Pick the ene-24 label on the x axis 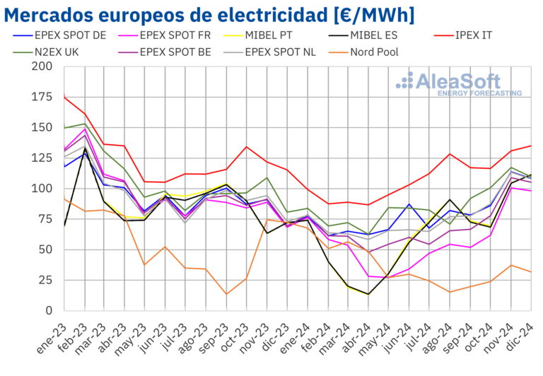297,336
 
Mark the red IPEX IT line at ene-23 64,97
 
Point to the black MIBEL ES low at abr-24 368,294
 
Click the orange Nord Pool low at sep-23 226,294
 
